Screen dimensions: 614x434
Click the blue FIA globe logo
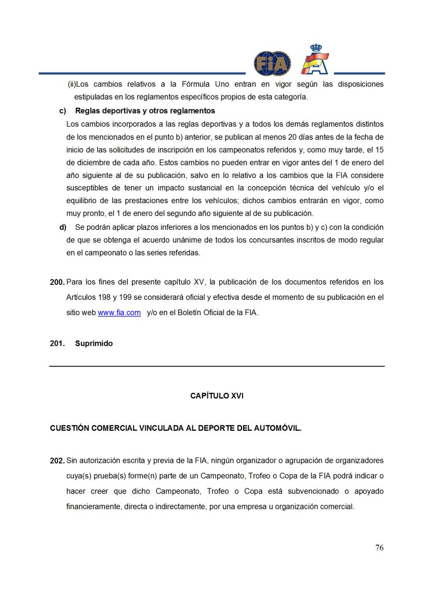coord(272,63)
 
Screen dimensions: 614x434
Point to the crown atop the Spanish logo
coord(316,48)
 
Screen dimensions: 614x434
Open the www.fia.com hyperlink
coord(119,313)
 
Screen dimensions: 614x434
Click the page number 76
coord(379,548)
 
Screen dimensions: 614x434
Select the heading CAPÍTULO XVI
coord(217,396)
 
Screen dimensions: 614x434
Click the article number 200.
coord(57,283)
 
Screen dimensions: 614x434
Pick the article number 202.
coord(57,461)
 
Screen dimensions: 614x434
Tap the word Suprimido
coord(94,343)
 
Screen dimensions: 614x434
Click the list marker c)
coord(63,111)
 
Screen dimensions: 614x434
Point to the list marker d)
coord(63,227)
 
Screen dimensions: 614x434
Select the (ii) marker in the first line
coord(72,84)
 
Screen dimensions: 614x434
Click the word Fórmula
coord(196,84)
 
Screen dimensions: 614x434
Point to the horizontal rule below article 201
coord(217,366)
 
